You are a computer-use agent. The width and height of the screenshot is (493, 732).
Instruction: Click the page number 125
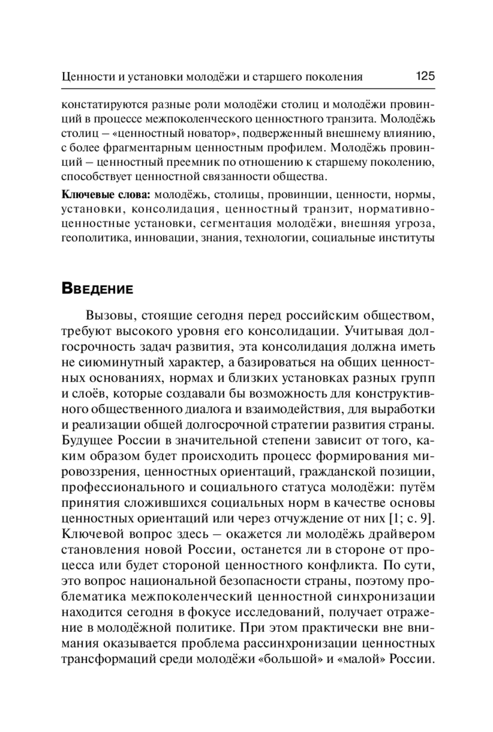pos(425,76)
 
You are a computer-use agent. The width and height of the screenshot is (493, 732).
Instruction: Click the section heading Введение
pos(97,289)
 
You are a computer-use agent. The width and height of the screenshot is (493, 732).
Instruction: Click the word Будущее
pos(87,440)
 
